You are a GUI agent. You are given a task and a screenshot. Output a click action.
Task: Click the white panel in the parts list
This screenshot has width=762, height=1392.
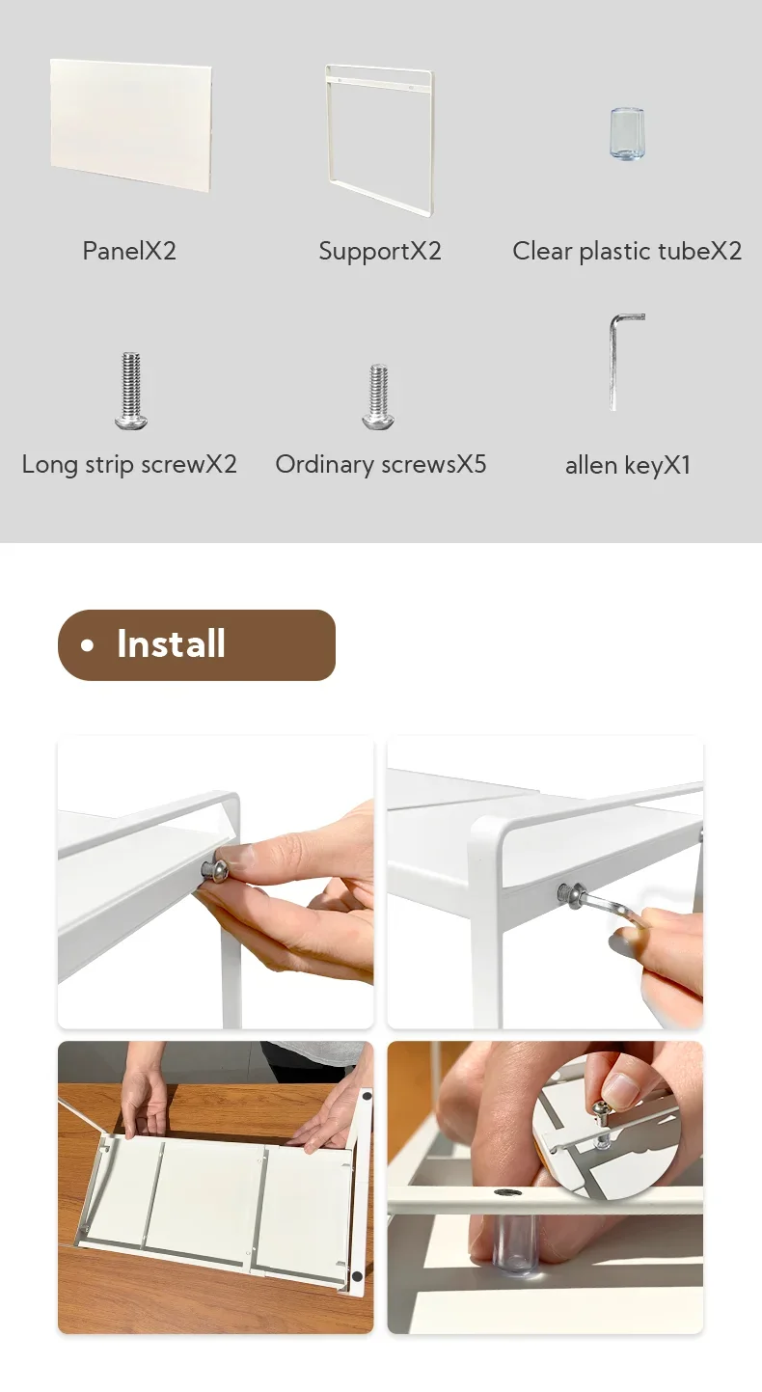[x=131, y=126]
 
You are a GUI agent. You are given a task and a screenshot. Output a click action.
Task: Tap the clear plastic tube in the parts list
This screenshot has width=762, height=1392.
[x=627, y=134]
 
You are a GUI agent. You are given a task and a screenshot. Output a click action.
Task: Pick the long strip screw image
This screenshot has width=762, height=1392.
[x=131, y=391]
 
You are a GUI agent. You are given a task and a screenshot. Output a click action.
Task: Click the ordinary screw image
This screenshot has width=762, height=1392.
[x=378, y=396]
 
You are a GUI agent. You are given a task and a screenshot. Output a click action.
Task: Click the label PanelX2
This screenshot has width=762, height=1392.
[x=129, y=251]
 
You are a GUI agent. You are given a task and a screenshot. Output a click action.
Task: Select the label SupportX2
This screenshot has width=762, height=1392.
[x=380, y=252]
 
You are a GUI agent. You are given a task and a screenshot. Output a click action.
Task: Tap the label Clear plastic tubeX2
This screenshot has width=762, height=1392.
[x=627, y=251]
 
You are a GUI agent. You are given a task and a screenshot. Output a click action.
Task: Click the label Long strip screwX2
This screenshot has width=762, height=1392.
[x=129, y=465]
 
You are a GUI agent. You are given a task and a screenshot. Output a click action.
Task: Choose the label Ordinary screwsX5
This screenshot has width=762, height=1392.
[x=380, y=465]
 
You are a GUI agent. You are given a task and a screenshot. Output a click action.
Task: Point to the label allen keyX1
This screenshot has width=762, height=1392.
[x=628, y=466]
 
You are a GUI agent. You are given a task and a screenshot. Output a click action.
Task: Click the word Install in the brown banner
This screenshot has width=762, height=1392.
[x=171, y=643]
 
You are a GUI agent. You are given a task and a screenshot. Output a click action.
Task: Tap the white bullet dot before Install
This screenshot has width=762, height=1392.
[x=88, y=645]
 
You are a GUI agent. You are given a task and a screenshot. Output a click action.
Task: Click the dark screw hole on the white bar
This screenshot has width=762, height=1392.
[x=502, y=1192]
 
